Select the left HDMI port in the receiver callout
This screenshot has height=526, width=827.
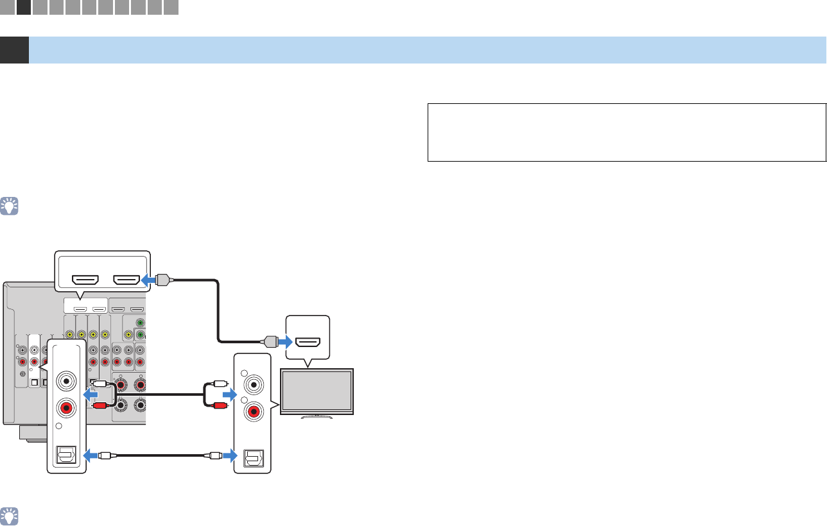[85, 279]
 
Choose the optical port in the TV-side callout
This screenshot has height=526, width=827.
[253, 457]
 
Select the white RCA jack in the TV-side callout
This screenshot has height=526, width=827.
[253, 386]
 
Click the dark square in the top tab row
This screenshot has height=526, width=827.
[24, 7]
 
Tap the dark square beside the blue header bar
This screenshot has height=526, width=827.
[14, 50]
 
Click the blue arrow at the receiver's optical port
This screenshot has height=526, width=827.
[93, 457]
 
